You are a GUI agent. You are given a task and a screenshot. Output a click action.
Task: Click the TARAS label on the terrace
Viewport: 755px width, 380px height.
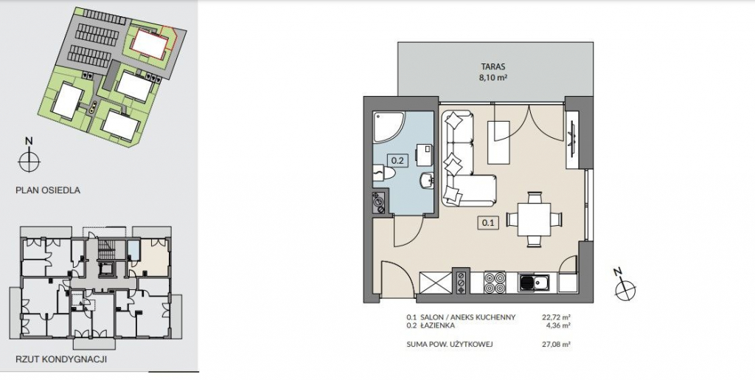495,67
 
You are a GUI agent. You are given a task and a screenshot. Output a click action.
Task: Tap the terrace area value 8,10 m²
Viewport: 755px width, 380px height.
495,77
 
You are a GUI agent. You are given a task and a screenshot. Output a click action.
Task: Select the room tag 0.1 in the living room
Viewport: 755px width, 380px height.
488,223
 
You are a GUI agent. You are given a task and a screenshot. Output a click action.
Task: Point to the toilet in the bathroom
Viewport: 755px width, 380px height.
385,172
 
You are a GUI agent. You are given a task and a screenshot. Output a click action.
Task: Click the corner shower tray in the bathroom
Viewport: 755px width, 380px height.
390,127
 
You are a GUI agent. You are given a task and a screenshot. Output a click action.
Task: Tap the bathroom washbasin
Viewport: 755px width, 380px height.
427,181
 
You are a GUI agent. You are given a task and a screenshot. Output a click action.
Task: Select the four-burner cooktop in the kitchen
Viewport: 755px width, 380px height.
495,283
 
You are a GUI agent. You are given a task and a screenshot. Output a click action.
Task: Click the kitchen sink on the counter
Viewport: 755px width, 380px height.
537,283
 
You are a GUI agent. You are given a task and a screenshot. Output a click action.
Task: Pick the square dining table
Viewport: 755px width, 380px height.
534,219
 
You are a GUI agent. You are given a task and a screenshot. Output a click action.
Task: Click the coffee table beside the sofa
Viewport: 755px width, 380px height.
498,142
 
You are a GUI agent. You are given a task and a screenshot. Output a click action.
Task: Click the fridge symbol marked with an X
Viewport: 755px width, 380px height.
436,283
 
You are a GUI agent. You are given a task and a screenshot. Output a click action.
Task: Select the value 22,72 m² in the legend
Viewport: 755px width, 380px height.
556,317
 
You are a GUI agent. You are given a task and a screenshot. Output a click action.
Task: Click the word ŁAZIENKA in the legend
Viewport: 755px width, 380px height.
437,325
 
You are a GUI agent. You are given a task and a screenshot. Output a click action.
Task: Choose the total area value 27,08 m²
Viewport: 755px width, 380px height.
556,345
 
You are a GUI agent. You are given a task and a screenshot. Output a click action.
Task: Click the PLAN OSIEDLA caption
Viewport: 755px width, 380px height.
48,190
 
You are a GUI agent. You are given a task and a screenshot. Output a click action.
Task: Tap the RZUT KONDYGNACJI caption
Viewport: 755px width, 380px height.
61,359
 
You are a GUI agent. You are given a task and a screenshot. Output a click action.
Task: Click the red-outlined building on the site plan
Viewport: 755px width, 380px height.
151,41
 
